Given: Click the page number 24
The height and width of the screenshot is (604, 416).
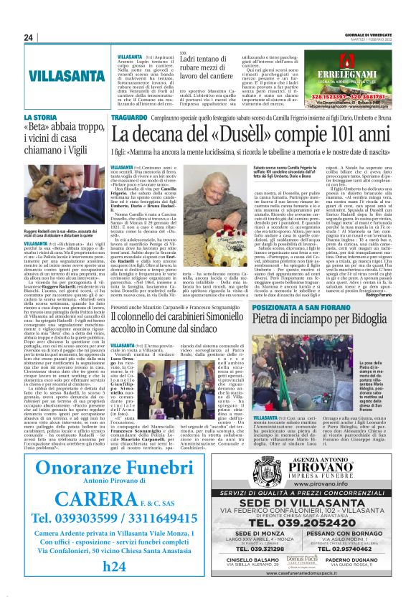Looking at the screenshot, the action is click(29, 38).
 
